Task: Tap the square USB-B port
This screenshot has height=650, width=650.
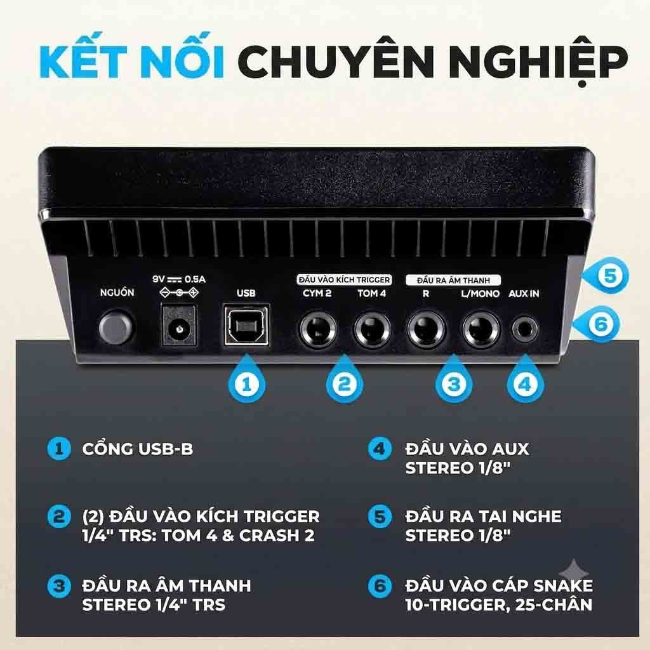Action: click(x=246, y=324)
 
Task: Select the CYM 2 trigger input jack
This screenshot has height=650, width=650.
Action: click(x=319, y=330)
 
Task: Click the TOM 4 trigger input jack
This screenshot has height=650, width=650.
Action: click(x=372, y=330)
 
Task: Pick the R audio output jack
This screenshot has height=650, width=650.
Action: click(x=426, y=330)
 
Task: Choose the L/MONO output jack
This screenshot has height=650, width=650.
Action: click(x=481, y=330)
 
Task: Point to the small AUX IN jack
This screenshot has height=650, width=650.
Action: click(x=525, y=330)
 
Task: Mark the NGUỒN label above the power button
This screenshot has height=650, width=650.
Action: click(x=117, y=293)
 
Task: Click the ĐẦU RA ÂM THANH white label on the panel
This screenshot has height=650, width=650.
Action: click(x=453, y=281)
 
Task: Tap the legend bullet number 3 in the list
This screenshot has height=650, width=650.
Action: click(x=59, y=586)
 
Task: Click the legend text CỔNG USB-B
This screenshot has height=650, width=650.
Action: click(x=138, y=449)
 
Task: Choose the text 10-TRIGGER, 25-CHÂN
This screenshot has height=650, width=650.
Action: click(x=499, y=605)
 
